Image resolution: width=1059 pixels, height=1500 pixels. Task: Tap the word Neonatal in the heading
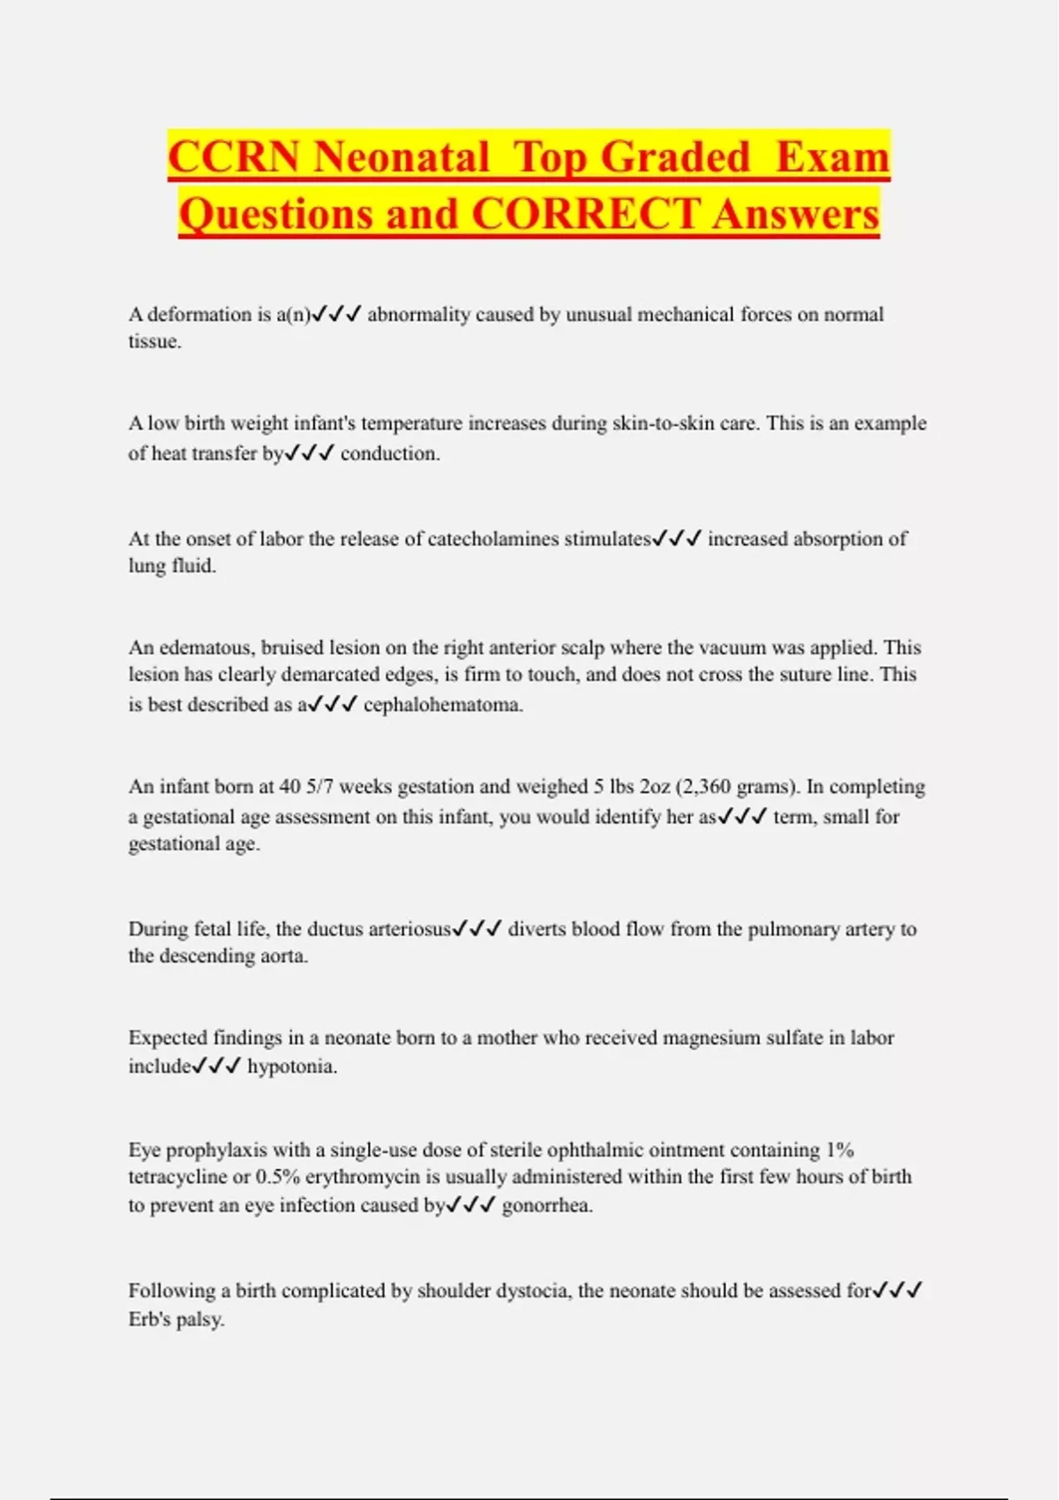(401, 157)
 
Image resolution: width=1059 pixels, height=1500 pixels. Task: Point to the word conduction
(389, 454)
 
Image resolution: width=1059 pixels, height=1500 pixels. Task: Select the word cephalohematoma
(443, 705)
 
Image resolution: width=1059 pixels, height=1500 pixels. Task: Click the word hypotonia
(291, 1067)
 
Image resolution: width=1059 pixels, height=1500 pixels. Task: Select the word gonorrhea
(546, 1205)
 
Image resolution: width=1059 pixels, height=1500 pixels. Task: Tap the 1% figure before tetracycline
(839, 1150)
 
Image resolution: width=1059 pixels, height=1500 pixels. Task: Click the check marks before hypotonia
(216, 1066)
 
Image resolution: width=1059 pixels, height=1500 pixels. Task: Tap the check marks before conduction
(310, 454)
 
